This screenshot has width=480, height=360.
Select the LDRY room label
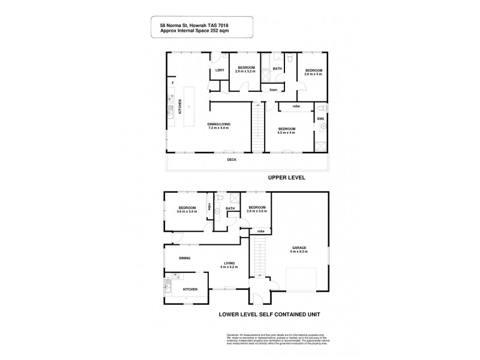pos(220,70)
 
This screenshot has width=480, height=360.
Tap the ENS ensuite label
pos(320,118)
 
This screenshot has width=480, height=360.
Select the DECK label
pos(232,160)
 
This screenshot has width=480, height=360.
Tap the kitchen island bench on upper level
pos(188,107)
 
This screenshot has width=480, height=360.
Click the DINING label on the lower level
pos(184,259)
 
